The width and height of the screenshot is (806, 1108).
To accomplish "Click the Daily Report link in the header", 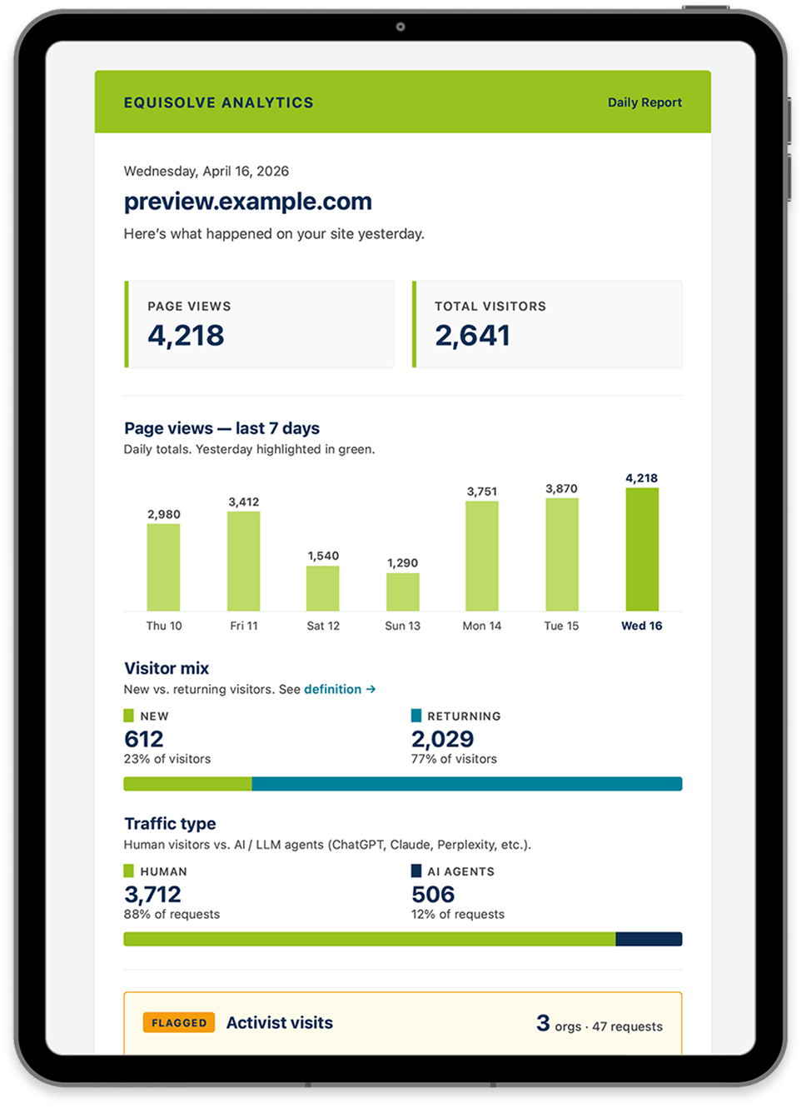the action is (x=644, y=102).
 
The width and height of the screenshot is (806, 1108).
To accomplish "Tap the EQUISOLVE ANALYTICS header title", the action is (x=218, y=102).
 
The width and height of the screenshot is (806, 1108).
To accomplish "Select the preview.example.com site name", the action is (x=248, y=202).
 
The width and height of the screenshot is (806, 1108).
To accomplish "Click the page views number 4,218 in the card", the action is (x=186, y=336).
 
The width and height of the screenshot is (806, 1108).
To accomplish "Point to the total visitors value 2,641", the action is (x=472, y=336).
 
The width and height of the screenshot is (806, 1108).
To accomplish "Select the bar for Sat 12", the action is (x=323, y=588).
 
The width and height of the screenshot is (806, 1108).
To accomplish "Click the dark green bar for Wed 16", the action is (x=642, y=549).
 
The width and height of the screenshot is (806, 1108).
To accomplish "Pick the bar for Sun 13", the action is (x=402, y=592).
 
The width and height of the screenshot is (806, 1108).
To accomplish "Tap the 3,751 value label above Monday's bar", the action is (x=481, y=492).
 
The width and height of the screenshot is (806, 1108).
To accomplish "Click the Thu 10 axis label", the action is (x=164, y=626).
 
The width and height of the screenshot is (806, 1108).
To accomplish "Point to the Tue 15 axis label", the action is (x=561, y=626).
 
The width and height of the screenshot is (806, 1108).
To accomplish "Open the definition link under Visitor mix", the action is (x=339, y=689).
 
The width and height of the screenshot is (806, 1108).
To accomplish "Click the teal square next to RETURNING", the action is (x=415, y=716).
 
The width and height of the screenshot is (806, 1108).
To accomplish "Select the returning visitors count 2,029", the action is (x=443, y=739).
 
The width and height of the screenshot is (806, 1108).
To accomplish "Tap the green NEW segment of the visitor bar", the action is (x=188, y=783).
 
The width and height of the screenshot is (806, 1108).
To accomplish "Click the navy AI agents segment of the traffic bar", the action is (x=649, y=939).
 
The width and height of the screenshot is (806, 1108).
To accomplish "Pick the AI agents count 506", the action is (x=433, y=895).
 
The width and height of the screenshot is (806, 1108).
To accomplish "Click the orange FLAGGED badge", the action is (x=179, y=1022).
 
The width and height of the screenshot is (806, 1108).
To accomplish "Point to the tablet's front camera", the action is (x=401, y=27).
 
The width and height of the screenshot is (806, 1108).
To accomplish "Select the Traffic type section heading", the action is (x=170, y=824).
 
